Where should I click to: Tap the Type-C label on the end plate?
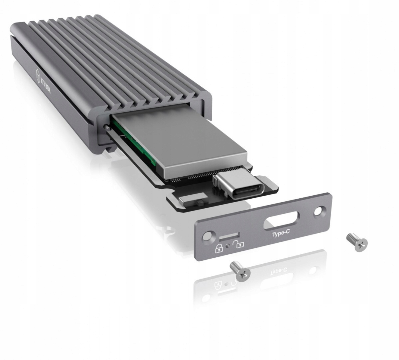281,234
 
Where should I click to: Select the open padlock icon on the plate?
237,245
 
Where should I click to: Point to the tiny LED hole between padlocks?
228,246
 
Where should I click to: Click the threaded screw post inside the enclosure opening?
106,127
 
